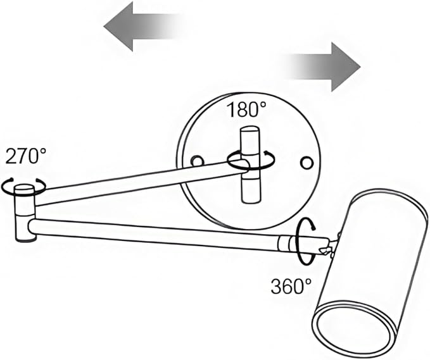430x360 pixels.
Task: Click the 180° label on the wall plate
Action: [x=246, y=109]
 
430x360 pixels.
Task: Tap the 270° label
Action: [x=26, y=156]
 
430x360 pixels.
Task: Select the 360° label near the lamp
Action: [x=291, y=286]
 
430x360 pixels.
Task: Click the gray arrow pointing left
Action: [x=142, y=27]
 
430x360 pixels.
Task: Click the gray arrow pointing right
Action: [x=324, y=67]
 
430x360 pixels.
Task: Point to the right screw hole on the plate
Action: [x=307, y=163]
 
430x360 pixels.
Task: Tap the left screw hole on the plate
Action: [x=197, y=161]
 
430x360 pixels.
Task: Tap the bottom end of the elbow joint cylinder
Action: [x=26, y=239]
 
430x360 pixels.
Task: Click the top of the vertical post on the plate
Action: [x=250, y=130]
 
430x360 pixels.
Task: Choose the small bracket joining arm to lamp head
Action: [x=331, y=248]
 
